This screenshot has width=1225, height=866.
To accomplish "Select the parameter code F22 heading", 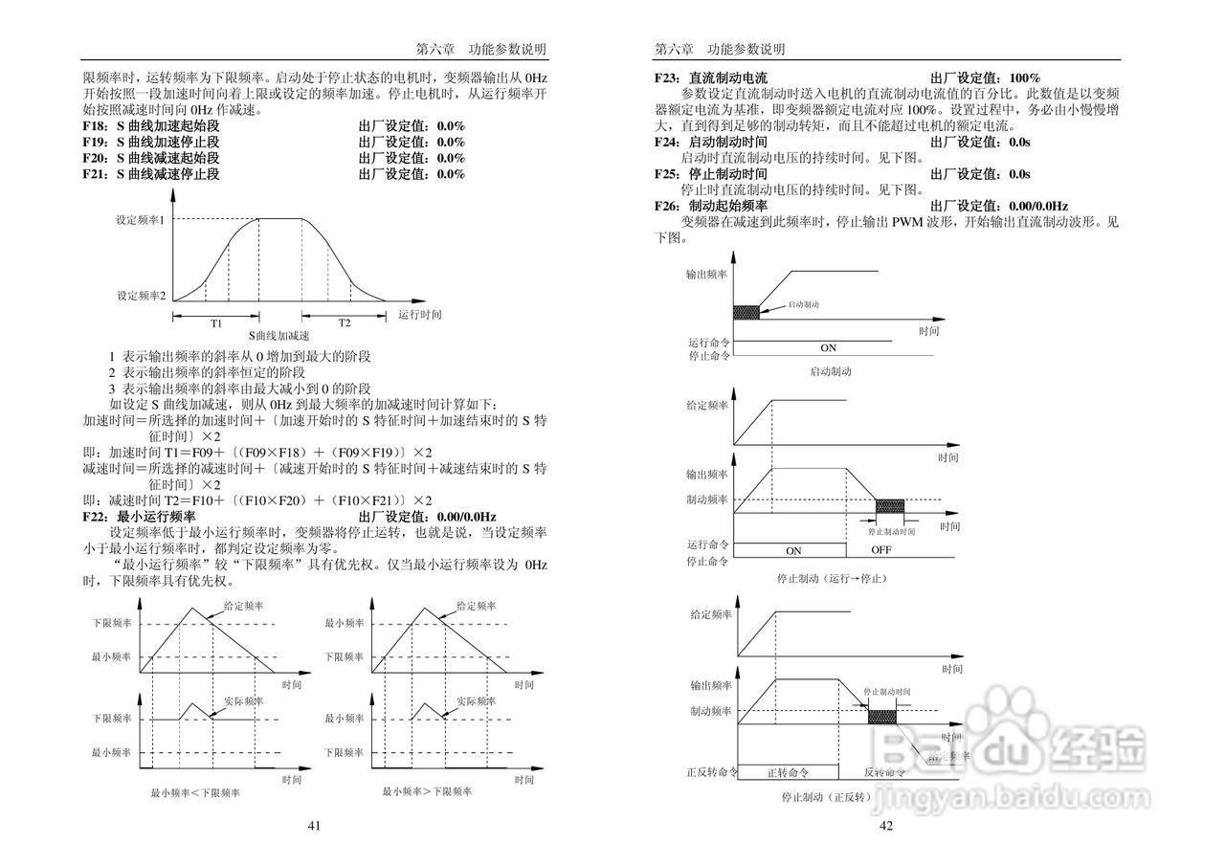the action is click(94, 517).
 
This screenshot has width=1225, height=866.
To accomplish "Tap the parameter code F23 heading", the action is click(667, 78).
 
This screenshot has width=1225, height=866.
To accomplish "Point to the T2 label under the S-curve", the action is click(344, 322).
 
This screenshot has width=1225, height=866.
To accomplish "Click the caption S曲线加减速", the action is click(279, 336).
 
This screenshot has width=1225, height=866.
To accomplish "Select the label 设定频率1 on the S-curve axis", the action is click(141, 220).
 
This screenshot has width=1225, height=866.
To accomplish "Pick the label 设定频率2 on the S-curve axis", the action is click(141, 296).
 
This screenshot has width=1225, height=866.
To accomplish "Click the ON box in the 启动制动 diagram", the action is click(829, 347).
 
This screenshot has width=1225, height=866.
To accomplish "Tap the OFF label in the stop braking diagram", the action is click(881, 550).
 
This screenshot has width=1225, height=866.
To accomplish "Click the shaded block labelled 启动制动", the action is click(746, 311).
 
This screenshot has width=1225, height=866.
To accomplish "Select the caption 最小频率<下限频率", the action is click(195, 792).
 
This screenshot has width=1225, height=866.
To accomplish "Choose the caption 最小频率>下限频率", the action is click(427, 791).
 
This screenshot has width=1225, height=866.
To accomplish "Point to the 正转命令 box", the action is click(789, 772).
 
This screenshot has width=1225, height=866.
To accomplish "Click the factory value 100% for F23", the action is click(1024, 78).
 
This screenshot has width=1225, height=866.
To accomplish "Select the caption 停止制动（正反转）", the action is click(827, 796).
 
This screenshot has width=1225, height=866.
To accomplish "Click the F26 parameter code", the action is click(667, 206).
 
